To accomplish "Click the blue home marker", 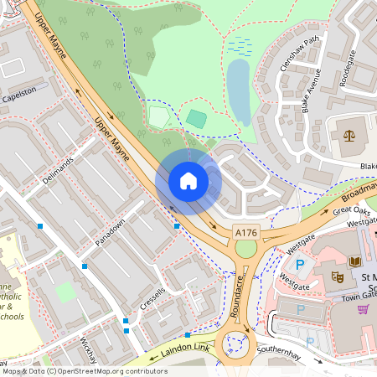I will point(188,181).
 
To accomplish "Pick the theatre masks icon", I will point(338,276).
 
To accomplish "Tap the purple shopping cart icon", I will point(363,308).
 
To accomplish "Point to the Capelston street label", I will point(19,91).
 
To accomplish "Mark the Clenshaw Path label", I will point(301,48).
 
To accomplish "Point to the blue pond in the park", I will point(240,90).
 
